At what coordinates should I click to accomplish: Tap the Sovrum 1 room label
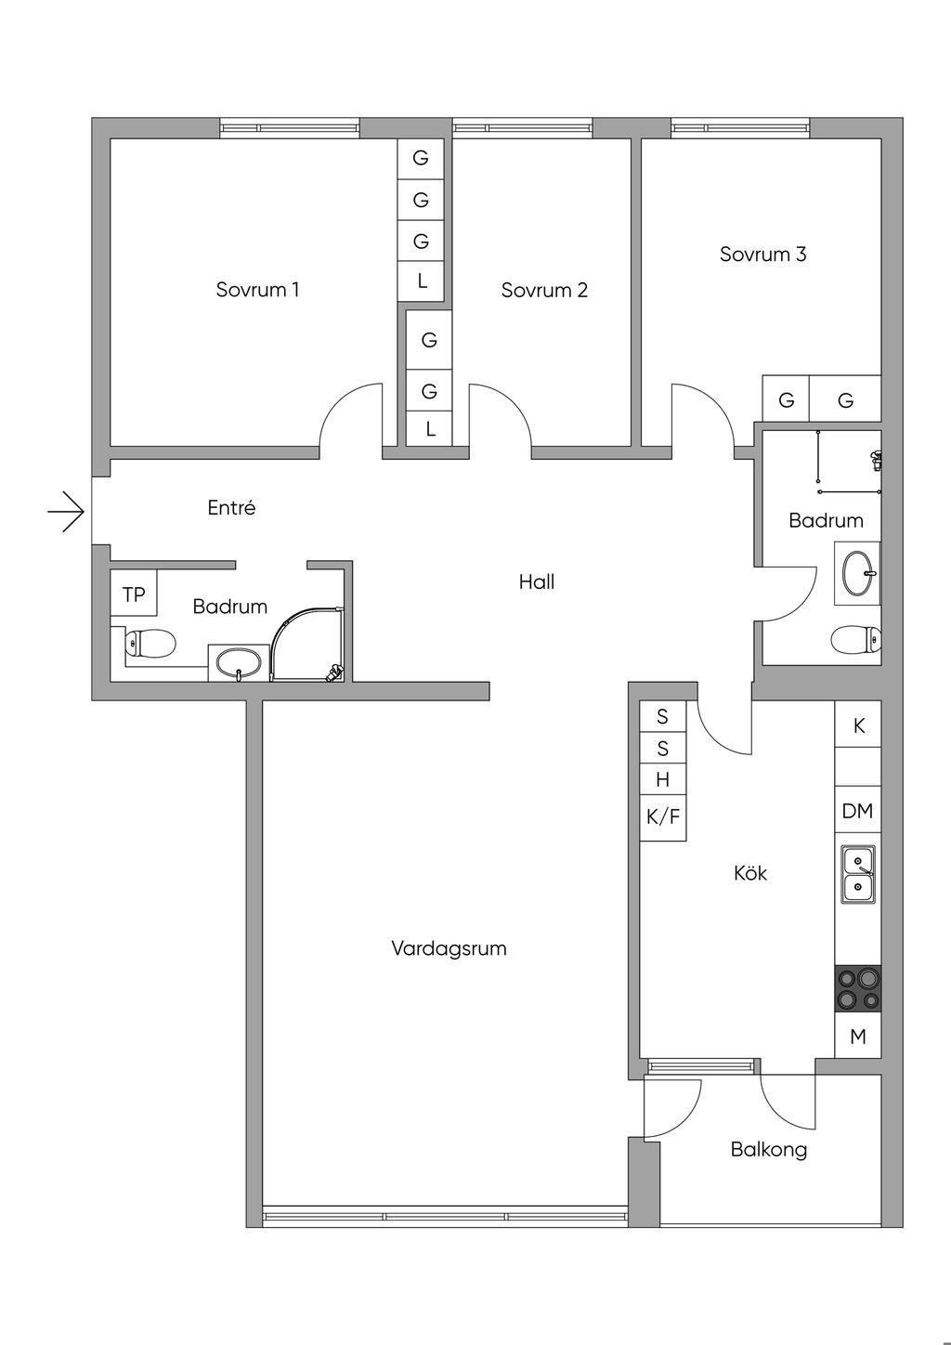[257, 289]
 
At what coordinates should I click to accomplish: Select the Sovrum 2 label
[544, 290]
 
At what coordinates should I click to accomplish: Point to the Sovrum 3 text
[762, 254]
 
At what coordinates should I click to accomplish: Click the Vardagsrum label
[449, 948]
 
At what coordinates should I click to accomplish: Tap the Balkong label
[768, 1149]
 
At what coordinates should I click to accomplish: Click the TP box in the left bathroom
[134, 594]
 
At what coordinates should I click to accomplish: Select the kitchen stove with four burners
[857, 988]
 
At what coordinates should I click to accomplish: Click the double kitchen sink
[857, 874]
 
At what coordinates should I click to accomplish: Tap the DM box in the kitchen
[857, 811]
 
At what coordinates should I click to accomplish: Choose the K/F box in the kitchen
[663, 817]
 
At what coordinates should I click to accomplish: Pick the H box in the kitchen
[663, 779]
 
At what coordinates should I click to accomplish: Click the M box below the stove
[857, 1037]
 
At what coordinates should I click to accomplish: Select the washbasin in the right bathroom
[859, 573]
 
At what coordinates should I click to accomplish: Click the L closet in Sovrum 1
[422, 281]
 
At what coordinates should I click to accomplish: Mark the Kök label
[750, 873]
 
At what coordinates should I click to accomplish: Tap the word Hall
[537, 581]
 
